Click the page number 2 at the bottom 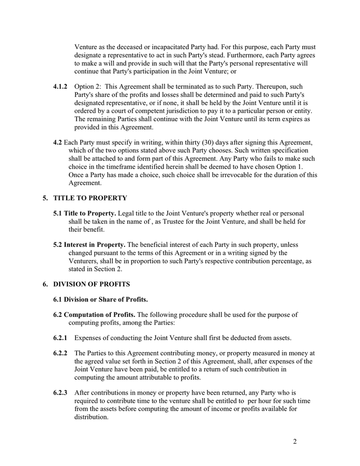[x=295, y=442]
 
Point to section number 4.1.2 [x=61, y=86]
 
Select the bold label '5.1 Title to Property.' [x=85, y=213]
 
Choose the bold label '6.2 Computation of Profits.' [x=94, y=314]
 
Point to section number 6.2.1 [x=61, y=338]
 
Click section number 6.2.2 [x=61, y=353]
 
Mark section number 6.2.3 [x=61, y=393]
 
